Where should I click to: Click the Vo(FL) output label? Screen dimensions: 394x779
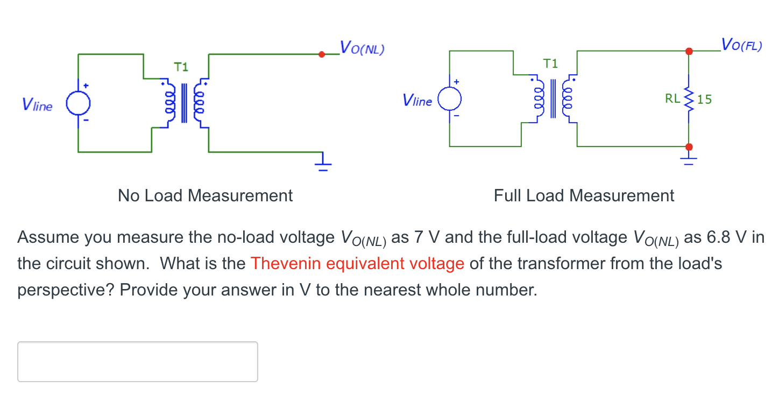(x=741, y=44)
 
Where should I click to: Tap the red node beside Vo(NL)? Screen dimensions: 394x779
(x=322, y=54)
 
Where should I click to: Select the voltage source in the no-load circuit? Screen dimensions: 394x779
(x=78, y=103)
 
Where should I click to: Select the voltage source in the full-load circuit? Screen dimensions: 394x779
(x=449, y=99)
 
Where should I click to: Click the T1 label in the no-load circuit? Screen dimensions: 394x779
(x=181, y=67)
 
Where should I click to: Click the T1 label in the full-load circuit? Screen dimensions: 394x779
(x=551, y=64)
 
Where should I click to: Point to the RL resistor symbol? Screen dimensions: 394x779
(x=689, y=99)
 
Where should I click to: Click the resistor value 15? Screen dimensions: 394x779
(x=705, y=99)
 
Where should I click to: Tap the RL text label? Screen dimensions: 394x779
(x=672, y=99)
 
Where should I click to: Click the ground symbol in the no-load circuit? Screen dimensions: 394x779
(x=323, y=162)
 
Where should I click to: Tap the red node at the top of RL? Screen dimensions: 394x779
(x=689, y=51)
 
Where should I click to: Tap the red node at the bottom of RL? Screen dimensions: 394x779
(x=689, y=146)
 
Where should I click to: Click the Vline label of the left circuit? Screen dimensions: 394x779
(x=38, y=105)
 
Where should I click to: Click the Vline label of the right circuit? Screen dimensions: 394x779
(x=417, y=101)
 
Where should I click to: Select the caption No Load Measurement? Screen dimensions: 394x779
(x=205, y=195)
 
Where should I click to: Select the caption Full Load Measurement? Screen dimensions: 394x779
(x=584, y=195)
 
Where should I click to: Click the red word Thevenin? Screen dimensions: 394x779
(x=286, y=264)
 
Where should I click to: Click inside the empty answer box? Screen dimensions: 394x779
(x=137, y=361)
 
